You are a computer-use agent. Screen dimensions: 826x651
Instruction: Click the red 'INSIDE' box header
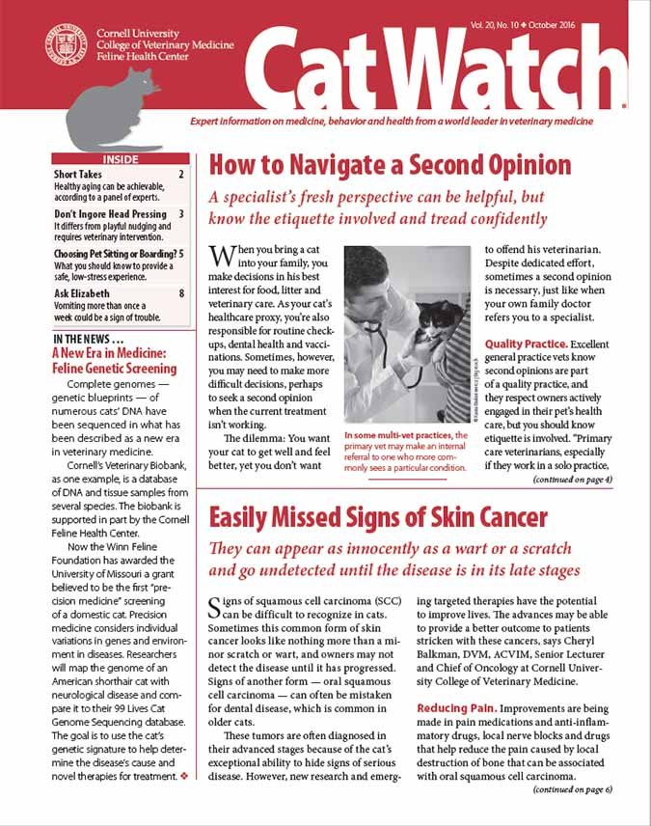click(120, 159)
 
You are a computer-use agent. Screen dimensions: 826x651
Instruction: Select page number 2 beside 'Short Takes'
click(181, 175)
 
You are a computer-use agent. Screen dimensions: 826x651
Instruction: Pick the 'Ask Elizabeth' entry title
click(82, 293)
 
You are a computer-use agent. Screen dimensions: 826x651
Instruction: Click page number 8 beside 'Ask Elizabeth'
click(181, 293)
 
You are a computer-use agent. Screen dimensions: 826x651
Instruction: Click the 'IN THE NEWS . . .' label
click(88, 339)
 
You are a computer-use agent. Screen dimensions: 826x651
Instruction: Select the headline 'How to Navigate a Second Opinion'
click(391, 163)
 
